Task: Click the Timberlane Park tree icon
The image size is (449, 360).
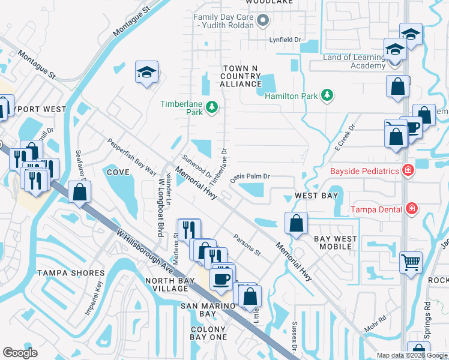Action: pos(211,107)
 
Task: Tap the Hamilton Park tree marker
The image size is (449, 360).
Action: pos(327,95)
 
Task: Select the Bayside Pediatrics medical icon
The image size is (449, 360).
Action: pos(408,171)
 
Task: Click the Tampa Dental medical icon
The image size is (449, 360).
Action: pos(411,208)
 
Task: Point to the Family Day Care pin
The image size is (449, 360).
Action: pos(262,22)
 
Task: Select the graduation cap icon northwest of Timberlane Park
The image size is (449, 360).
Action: pos(146,73)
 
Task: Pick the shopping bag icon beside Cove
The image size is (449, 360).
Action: pos(79,192)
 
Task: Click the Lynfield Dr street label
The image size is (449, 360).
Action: pos(285,40)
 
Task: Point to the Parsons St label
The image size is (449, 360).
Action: pos(247,245)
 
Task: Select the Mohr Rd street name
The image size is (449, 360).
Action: pos(375,325)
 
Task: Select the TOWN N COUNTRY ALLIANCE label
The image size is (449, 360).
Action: pos(240,77)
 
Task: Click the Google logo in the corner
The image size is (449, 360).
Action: pos(20,353)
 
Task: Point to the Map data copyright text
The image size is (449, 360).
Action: pos(412,355)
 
